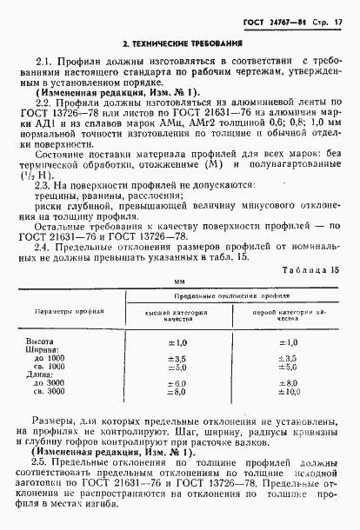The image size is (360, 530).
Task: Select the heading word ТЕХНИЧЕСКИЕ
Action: click(x=168, y=42)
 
